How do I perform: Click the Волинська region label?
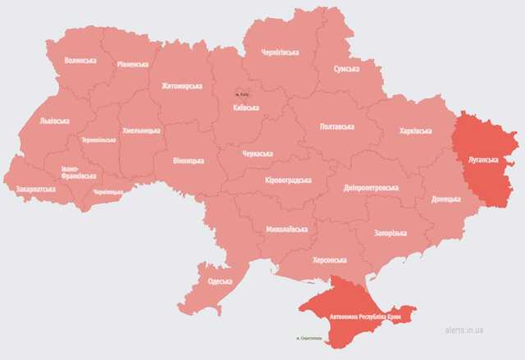[80, 61]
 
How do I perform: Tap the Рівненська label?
[132, 64]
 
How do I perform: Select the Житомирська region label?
[181, 85]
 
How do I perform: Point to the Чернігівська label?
[279, 52]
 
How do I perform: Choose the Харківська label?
[415, 131]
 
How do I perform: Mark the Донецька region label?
[446, 199]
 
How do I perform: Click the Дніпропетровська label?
[371, 188]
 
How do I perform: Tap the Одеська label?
[220, 281]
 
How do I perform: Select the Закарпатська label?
[36, 189]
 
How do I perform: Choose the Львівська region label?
[54, 121]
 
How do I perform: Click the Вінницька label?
[189, 161]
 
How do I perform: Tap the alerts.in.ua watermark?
[463, 330]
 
